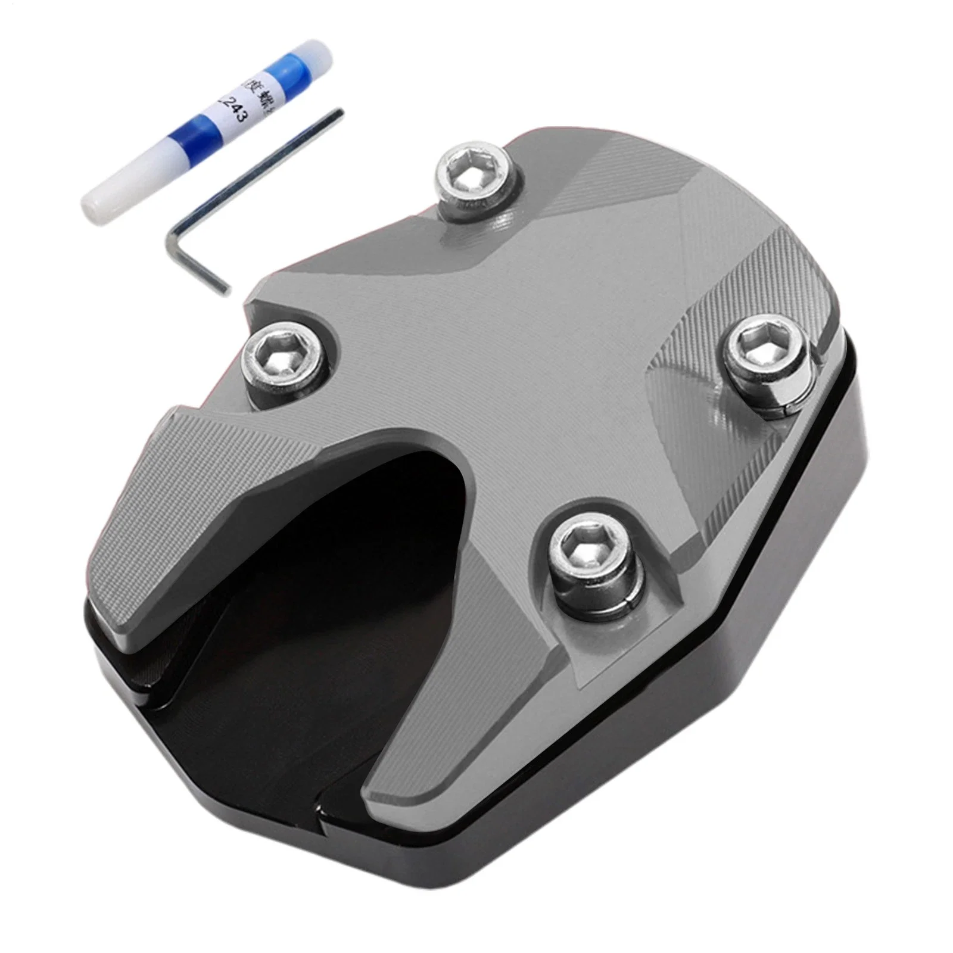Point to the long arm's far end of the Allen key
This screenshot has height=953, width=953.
point(338,113)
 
